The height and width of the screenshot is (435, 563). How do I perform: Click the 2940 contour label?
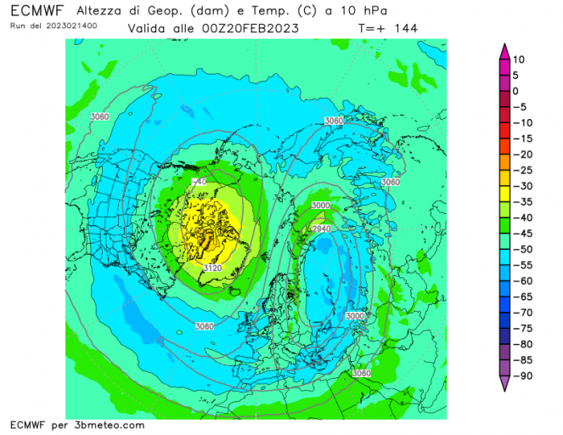point(320,229)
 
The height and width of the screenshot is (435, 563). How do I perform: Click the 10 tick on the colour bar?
point(520,59)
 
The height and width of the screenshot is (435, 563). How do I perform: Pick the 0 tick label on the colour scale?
point(515,91)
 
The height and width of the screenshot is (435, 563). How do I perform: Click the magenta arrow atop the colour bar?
point(504,52)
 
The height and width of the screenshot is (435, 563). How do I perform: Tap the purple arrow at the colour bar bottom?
point(504,384)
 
